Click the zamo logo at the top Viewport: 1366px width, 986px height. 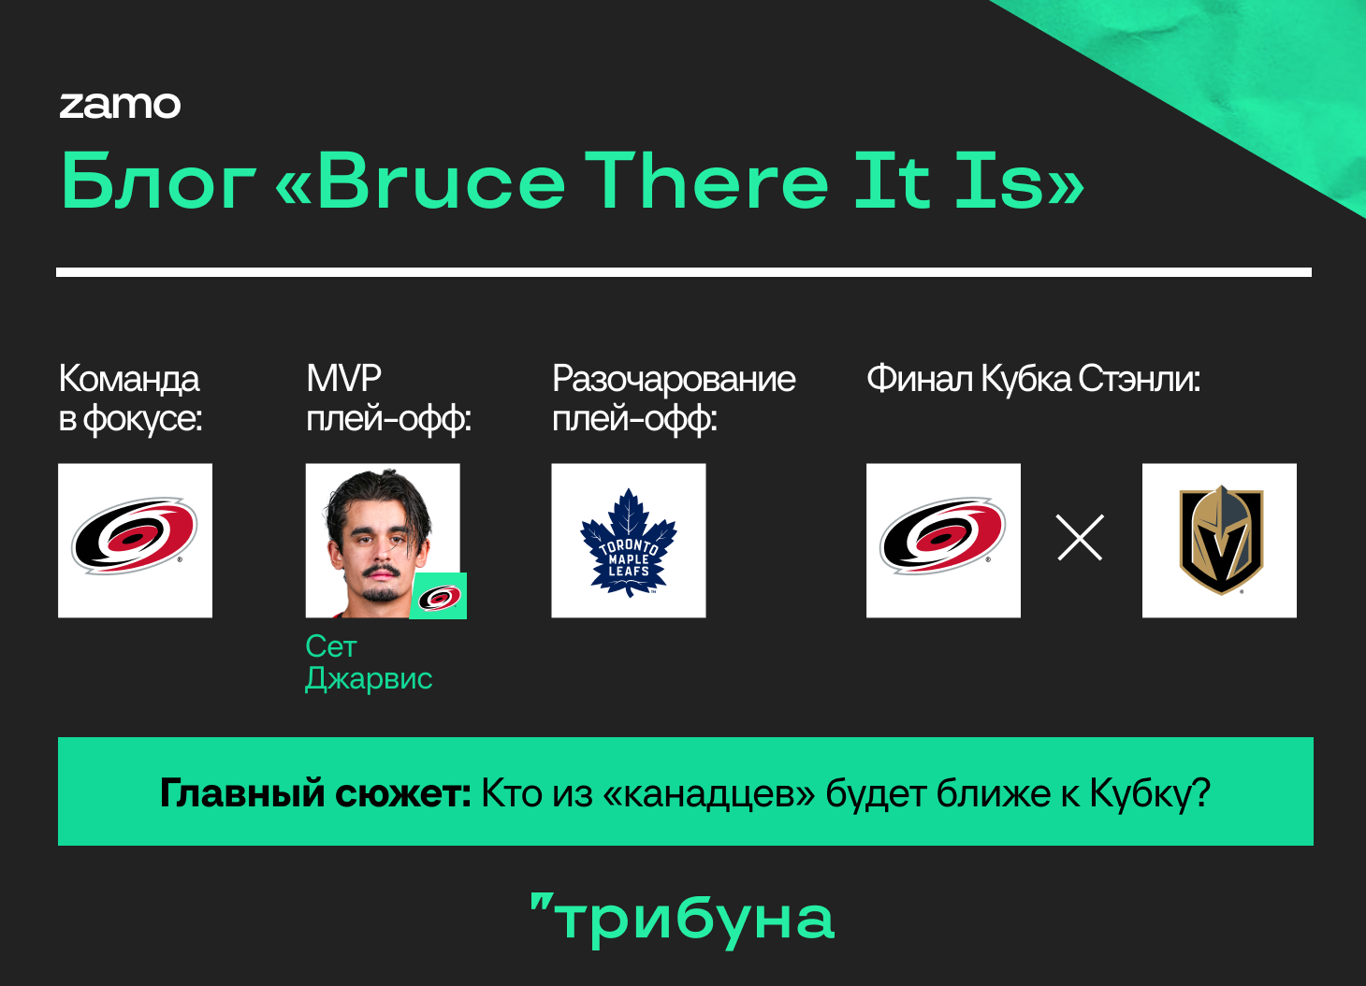120,105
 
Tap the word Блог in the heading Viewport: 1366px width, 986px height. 158,181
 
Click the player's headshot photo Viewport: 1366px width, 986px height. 383,541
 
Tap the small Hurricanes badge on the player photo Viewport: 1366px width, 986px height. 438,596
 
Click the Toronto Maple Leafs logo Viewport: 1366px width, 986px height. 628,541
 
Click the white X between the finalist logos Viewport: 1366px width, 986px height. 1080,537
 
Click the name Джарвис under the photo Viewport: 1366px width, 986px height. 369,679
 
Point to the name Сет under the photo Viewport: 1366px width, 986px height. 330,646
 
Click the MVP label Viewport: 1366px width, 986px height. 343,378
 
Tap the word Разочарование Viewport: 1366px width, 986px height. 674,379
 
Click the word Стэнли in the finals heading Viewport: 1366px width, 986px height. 1140,379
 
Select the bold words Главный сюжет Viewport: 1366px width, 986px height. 315,792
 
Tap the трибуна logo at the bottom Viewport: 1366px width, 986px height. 682,920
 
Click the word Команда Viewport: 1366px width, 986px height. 129,379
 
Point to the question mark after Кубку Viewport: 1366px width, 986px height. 1200,792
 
